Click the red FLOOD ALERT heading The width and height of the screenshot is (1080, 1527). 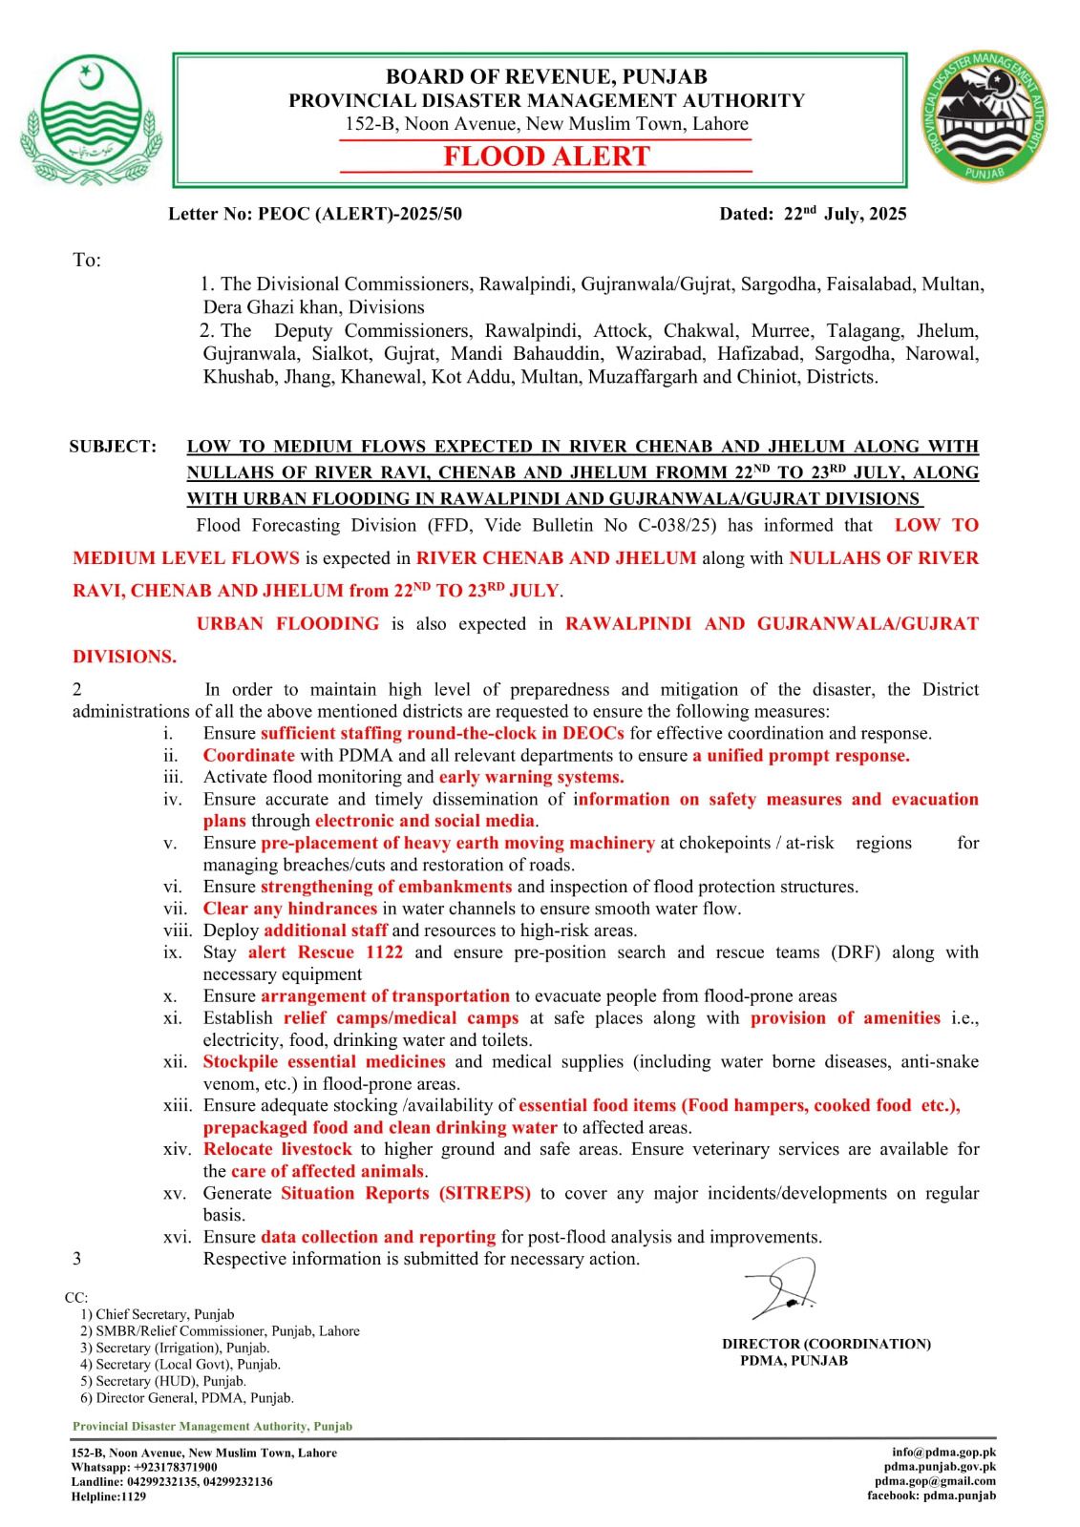coord(546,157)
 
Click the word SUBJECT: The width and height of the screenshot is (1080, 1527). coord(113,446)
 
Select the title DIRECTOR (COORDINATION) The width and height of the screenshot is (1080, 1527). coord(826,1344)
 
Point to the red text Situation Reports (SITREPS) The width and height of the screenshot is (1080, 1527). coord(406,1193)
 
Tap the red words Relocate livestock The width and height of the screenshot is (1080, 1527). coord(277,1149)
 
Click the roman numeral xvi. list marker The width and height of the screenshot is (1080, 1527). coord(177,1237)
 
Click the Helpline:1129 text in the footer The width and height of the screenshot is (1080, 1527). coord(109,1496)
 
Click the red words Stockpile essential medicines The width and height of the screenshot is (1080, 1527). coord(324,1061)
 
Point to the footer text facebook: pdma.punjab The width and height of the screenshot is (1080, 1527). coord(931,1496)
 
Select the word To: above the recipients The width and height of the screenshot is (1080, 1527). coord(87,261)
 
